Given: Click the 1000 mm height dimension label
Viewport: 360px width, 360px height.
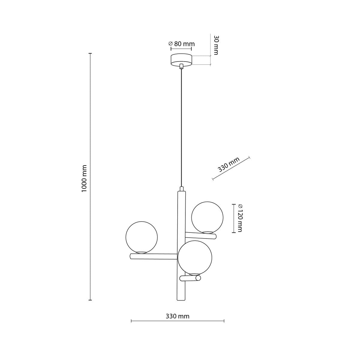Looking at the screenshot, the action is coord(84,178).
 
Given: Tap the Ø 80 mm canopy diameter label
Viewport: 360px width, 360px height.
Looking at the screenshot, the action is coord(181,44).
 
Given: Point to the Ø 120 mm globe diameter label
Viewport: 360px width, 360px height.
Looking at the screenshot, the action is coord(240,218).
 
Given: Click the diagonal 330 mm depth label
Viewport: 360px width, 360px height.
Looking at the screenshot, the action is coord(229,164).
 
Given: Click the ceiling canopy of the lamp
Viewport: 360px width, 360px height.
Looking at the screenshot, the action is coord(181,60).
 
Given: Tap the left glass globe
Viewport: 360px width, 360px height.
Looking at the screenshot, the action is coord(142,237).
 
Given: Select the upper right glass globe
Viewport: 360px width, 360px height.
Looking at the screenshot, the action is coord(207,217).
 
